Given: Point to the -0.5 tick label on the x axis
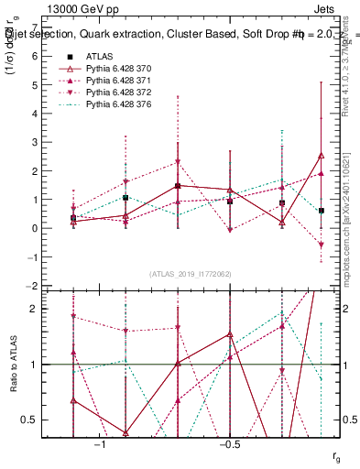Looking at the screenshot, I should [x=228, y=444].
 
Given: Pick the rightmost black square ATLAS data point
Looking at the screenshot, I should [x=322, y=211].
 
